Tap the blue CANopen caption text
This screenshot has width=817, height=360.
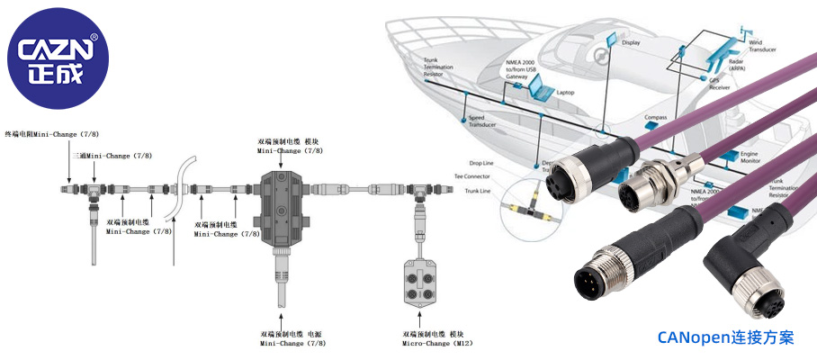tap(725, 337)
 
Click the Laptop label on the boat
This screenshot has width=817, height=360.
tap(566, 93)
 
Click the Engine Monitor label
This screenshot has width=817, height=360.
tap(749, 158)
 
